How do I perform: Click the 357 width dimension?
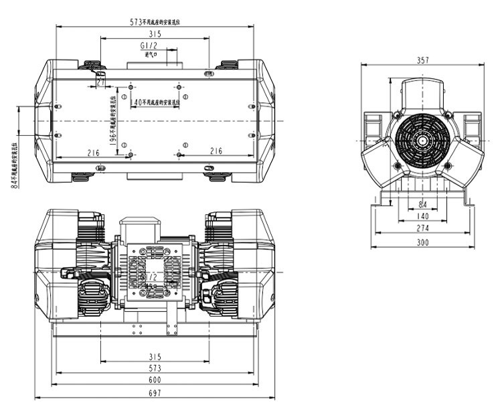tap(422, 60)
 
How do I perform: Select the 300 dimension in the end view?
tap(422, 242)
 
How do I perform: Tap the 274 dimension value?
tap(422, 228)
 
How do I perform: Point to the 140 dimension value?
tap(422, 216)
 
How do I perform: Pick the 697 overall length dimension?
tap(155, 394)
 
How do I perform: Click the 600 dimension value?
tap(155, 381)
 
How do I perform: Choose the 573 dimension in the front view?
tap(155, 368)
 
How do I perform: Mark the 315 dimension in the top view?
tap(155, 33)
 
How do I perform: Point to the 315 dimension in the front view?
tap(155, 355)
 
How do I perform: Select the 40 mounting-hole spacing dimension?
tap(138, 102)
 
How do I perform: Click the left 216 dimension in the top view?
tap(93, 152)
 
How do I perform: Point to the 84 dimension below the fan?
tap(422, 204)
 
